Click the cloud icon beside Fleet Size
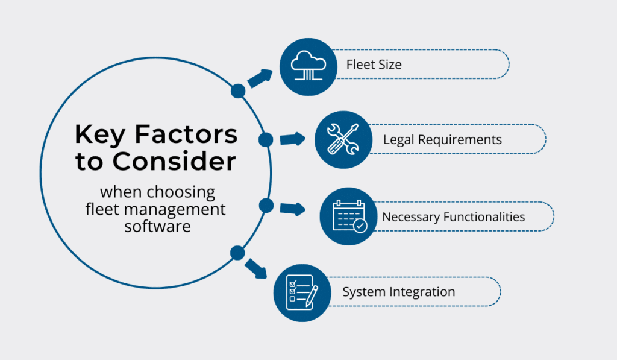click(308, 65)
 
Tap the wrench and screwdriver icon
click(343, 139)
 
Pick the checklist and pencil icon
click(302, 292)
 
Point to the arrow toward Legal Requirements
click(293, 139)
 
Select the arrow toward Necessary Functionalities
click(293, 209)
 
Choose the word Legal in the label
click(397, 140)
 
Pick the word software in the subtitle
click(157, 226)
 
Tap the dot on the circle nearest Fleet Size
click(238, 91)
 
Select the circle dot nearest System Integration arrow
click(237, 253)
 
